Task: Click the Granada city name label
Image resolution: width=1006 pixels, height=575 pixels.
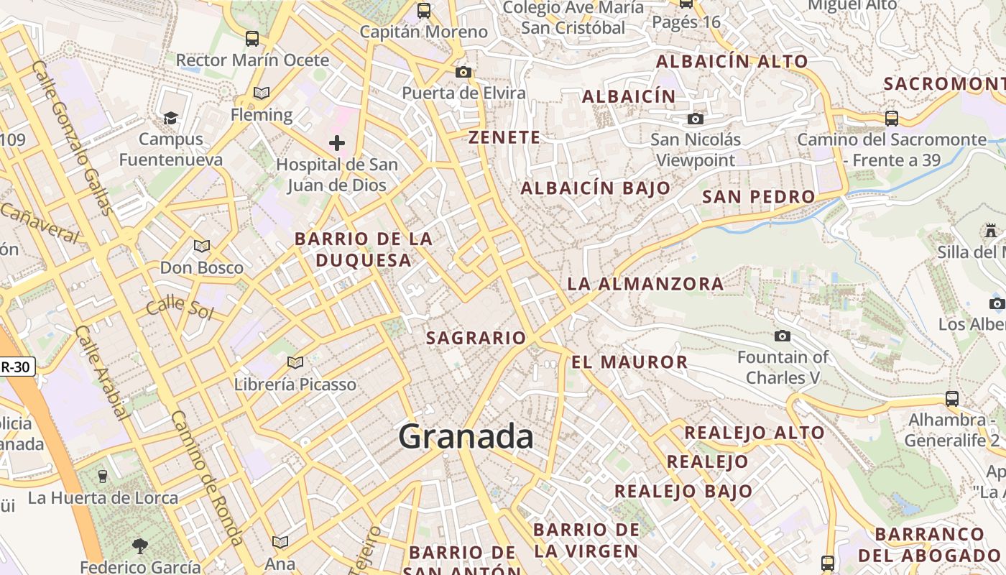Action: [466, 436]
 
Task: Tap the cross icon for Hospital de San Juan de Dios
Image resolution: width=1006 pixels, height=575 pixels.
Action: [336, 143]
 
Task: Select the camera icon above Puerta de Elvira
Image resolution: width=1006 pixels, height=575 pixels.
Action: [463, 72]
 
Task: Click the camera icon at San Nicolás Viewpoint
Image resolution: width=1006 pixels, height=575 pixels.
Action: [695, 119]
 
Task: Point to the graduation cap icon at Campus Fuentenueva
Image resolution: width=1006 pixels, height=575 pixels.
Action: [170, 118]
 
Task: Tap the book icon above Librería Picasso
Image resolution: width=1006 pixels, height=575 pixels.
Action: [295, 362]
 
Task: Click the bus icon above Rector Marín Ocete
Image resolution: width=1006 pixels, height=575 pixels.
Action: [251, 39]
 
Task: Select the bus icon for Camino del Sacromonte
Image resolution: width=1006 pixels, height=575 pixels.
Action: [891, 119]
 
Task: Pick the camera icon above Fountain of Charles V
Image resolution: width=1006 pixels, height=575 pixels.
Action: [783, 336]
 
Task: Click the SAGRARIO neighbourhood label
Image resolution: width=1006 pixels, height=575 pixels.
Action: [476, 338]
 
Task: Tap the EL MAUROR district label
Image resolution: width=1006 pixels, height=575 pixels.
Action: [629, 362]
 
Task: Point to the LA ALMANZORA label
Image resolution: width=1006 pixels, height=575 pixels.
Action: [645, 284]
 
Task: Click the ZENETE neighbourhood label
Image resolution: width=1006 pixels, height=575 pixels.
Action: [504, 137]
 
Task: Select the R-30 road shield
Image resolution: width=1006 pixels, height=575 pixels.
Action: [16, 367]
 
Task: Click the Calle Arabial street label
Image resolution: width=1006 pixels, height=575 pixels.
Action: [102, 372]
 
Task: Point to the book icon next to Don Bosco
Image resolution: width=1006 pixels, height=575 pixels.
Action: [202, 247]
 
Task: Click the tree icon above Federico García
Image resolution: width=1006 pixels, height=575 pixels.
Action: [140, 546]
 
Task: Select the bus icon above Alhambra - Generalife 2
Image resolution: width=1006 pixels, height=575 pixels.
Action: [951, 398]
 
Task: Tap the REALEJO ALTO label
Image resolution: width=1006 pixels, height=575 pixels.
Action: [754, 433]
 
